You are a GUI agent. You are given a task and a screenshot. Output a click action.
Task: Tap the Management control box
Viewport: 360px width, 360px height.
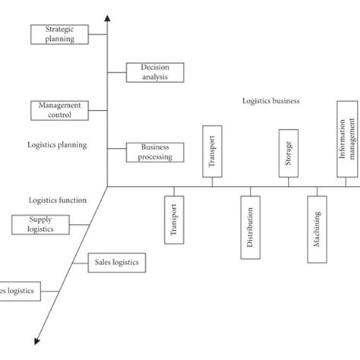pos(60,110)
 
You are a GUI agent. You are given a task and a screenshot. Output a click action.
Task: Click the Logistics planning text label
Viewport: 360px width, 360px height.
pos(57,144)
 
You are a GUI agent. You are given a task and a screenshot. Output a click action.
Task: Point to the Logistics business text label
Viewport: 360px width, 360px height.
pos(271,100)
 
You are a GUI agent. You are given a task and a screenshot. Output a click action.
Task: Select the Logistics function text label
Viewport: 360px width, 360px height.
pos(58,201)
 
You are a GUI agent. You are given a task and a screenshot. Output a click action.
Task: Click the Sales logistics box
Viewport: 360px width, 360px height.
pos(117,263)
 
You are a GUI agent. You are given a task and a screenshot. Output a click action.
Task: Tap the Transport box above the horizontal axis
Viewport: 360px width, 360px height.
pos(210,153)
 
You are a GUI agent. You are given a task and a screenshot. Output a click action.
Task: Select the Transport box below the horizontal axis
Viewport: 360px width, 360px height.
pos(174,219)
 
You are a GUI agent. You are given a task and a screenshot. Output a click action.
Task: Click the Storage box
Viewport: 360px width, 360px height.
pos(289,153)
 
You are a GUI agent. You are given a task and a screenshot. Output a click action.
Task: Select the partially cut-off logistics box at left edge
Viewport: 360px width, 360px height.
pos(17,289)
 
